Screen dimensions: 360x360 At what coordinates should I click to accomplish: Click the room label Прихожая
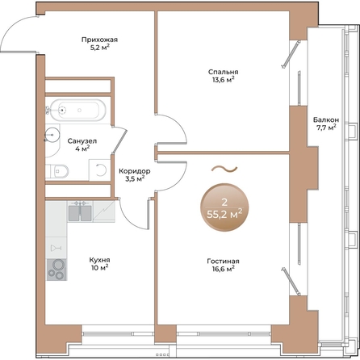99,40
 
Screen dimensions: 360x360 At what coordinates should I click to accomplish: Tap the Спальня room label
224,72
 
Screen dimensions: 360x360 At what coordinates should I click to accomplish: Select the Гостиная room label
223,262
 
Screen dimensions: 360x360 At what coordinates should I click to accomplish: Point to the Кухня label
99,260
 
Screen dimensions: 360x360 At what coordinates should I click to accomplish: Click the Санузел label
82,141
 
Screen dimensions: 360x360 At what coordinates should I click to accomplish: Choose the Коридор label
135,171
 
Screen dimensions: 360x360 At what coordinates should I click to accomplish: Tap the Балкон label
326,119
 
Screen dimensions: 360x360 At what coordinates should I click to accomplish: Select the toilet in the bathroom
57,171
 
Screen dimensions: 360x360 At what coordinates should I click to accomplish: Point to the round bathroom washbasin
52,134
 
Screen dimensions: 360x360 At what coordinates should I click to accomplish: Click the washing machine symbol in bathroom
99,170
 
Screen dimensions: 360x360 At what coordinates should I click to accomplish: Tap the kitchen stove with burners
57,270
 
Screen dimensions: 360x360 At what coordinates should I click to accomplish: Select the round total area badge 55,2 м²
224,207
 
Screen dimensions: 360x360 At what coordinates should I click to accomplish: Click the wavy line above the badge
224,169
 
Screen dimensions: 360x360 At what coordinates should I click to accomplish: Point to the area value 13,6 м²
223,80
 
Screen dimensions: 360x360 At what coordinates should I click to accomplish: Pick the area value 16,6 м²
223,269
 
